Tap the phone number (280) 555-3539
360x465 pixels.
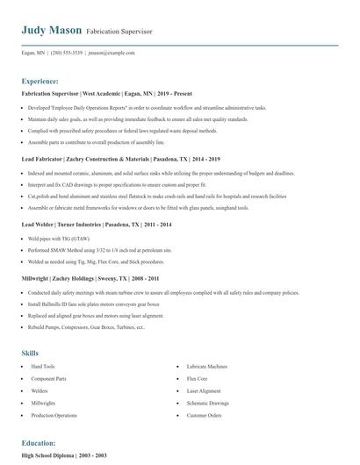click(x=67, y=53)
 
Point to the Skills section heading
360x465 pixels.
click(x=31, y=352)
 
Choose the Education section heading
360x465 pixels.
click(x=40, y=444)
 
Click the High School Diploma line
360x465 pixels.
click(x=63, y=457)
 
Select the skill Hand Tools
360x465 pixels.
click(x=43, y=365)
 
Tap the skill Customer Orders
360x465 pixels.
click(x=204, y=414)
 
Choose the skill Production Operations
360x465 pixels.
click(x=54, y=414)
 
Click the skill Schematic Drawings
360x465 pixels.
click(x=207, y=402)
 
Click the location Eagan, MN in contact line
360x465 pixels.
click(x=34, y=53)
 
